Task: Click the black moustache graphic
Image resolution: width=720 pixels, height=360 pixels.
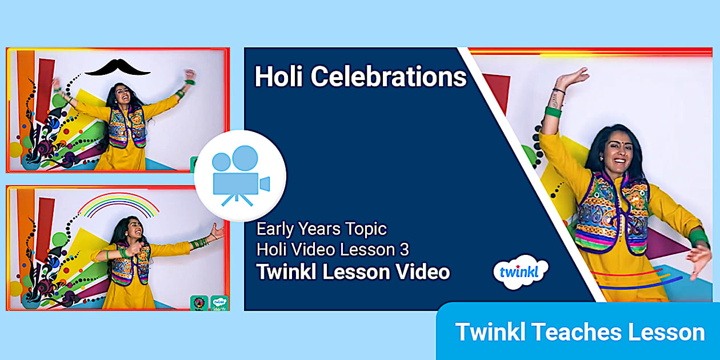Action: pos(117,67)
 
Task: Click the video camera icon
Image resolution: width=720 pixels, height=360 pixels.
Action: pos(240,175)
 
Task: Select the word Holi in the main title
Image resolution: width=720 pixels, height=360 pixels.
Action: pos(279,77)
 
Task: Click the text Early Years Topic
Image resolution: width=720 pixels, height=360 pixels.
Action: pos(321,229)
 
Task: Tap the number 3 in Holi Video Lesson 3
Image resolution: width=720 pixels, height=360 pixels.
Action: pos(405,250)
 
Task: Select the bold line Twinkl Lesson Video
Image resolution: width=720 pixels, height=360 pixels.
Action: pos(353,271)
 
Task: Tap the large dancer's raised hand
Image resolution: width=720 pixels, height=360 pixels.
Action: pos(571,78)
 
